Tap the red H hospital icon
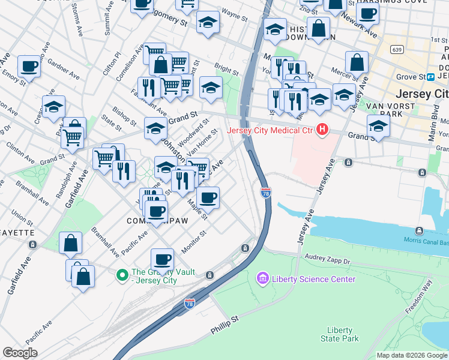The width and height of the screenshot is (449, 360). [x=323, y=129]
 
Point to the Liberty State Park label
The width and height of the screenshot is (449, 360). [x=343, y=334]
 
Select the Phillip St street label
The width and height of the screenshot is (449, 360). [x=225, y=326]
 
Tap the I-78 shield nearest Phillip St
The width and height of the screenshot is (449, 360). [x=190, y=304]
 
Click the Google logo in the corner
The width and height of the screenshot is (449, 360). [x=20, y=353]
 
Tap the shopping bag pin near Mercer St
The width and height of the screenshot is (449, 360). [x=357, y=61]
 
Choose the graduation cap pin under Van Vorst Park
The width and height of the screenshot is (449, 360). [x=378, y=125]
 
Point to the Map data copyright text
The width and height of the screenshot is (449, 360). [x=412, y=355]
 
